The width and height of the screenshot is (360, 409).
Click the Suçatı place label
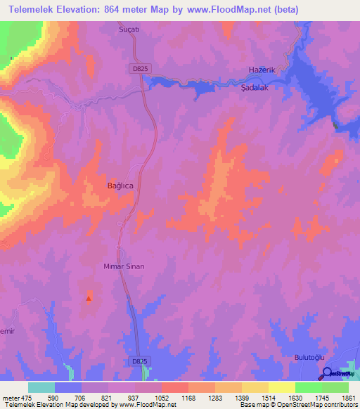pyautogui.click(x=130, y=30)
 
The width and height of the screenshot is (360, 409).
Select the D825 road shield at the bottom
pyautogui.click(x=140, y=361)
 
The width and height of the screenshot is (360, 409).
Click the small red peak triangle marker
pyautogui.click(x=89, y=298)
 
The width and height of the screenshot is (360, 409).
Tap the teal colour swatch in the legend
pyautogui.click(x=41, y=387)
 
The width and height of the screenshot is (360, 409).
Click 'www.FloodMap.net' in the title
pyautogui.click(x=222, y=10)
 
